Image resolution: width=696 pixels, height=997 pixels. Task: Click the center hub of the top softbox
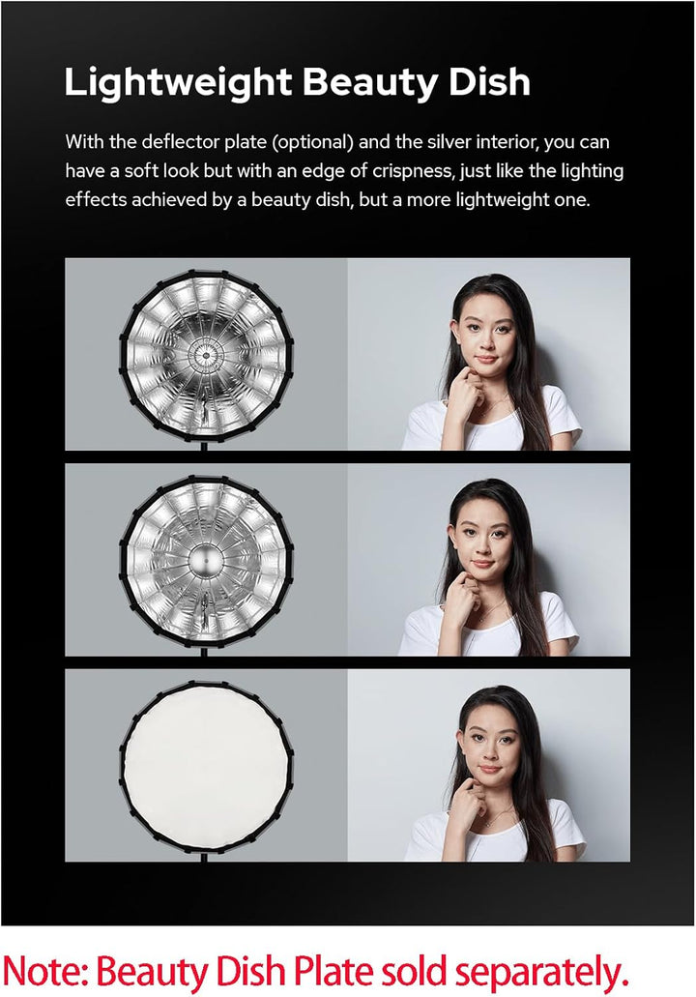[205, 355]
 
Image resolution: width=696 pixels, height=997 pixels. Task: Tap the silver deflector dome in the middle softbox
[205, 560]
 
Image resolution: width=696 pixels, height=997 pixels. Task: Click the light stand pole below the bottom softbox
[205, 855]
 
